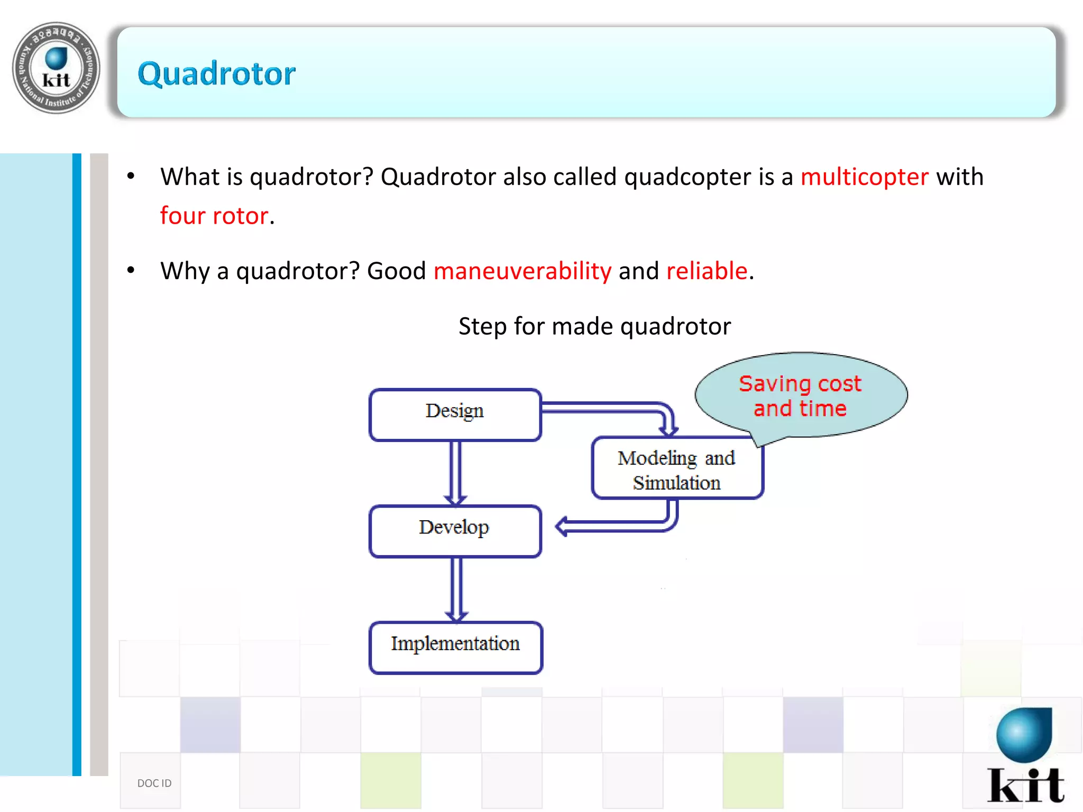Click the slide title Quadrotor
(216, 73)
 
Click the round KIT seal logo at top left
(56, 68)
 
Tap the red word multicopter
(864, 177)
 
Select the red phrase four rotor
(214, 216)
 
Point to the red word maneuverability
(522, 271)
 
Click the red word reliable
(707, 271)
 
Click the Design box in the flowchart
(455, 414)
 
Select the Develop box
(455, 531)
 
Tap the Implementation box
(455, 647)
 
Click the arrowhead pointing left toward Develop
(563, 526)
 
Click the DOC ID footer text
(154, 783)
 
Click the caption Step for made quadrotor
(594, 326)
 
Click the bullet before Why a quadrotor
(131, 271)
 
